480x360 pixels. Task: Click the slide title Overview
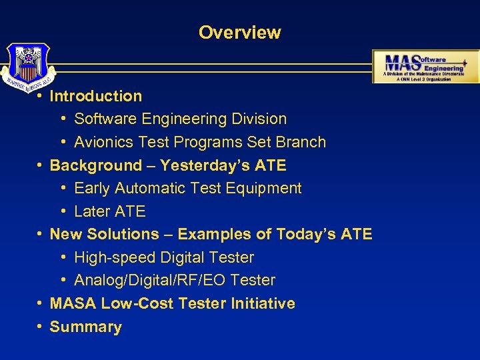239,32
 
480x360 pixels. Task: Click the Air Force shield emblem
27,65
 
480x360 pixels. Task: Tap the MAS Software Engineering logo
425,66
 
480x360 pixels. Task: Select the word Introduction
96,96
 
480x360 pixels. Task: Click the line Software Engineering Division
180,119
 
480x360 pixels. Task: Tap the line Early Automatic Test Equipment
187,189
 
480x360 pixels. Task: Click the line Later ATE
109,211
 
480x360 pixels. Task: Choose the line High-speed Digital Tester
164,257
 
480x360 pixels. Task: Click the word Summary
86,327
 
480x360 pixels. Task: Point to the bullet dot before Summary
41,327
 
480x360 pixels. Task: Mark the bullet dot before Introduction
41,96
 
